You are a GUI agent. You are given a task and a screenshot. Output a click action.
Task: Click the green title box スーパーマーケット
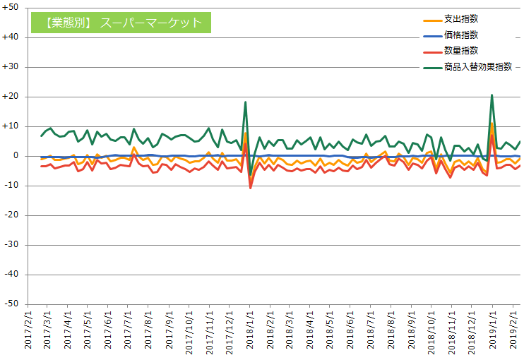pos(121,23)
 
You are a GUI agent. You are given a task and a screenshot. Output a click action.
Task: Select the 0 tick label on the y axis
pos(16,156)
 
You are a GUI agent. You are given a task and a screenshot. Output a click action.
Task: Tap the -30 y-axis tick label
pos(12,245)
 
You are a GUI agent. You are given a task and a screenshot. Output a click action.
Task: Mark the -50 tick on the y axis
pos(12,304)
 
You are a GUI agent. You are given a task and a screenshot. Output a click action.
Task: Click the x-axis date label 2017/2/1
pos(29,328)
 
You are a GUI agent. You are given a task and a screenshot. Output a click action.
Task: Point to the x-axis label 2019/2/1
pos(514,328)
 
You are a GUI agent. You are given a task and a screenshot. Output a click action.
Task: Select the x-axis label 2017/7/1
pos(129,328)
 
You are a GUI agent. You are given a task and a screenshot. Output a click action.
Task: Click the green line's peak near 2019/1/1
pos(492,95)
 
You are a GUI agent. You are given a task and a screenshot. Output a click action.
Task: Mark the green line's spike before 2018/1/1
pos(245,102)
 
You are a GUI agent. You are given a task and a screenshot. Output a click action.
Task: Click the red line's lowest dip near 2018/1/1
pos(250,188)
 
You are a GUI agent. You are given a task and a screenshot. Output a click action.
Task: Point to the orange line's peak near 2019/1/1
pos(492,124)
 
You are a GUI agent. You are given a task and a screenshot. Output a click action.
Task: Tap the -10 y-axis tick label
pos(12,186)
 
